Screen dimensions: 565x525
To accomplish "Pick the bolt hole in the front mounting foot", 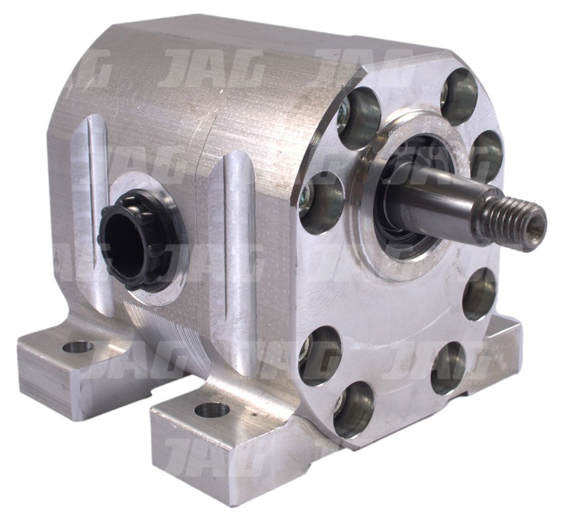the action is click(x=212, y=410).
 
